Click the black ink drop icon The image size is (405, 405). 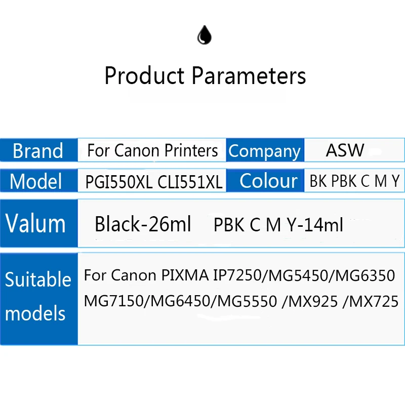[x=204, y=35]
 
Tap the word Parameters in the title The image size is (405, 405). [x=249, y=76]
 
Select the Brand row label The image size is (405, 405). [x=38, y=151]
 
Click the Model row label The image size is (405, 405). [x=36, y=181]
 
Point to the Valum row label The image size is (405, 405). [x=35, y=223]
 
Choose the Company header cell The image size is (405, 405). [x=264, y=151]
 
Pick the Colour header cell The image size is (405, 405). [x=268, y=181]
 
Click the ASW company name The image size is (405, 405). [x=345, y=150]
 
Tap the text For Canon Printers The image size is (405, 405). [x=152, y=150]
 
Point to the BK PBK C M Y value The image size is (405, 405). [x=354, y=181]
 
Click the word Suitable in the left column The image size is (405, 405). [x=38, y=280]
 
